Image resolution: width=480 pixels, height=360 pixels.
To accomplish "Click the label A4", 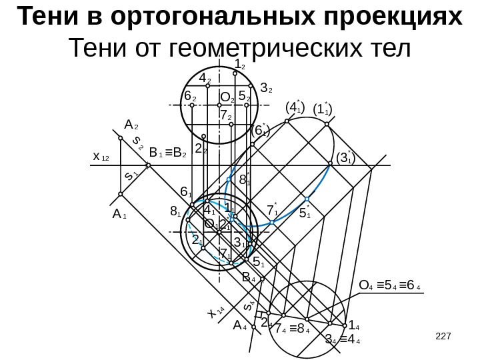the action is [240, 326].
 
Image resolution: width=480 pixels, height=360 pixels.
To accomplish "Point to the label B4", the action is [249, 277].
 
